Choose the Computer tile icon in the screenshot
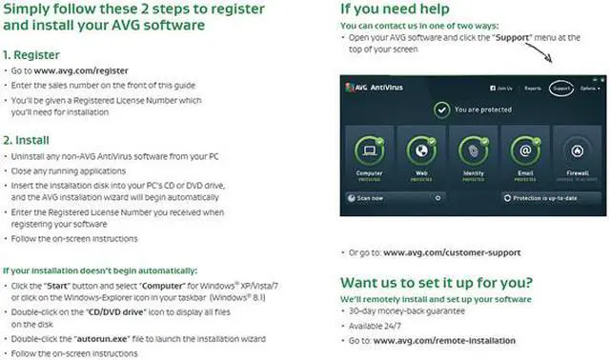pyautogui.click(x=370, y=150)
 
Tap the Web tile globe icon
pyautogui.click(x=421, y=150)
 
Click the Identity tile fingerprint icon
pyautogui.click(x=473, y=150)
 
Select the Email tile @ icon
pyautogui.click(x=524, y=150)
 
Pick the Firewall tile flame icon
pyautogui.click(x=576, y=150)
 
